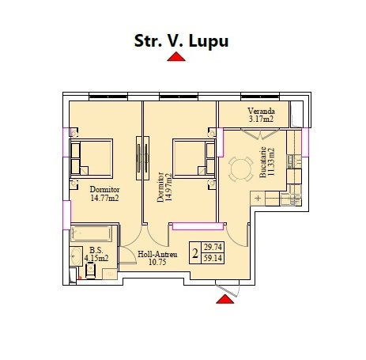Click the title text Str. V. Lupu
point(181,41)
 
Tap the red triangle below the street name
point(176,57)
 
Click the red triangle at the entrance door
point(225,299)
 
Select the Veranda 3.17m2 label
point(261,115)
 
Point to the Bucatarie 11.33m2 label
point(266,162)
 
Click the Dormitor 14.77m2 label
point(104,194)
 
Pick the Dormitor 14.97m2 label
point(164,188)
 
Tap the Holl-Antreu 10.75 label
point(157,258)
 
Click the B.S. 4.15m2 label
point(96,254)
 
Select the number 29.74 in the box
point(213,248)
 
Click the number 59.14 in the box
point(213,258)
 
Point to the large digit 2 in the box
point(195,253)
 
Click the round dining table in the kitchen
point(241,169)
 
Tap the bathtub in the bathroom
point(91,233)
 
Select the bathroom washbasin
point(76,256)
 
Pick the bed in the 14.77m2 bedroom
point(91,159)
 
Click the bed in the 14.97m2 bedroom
point(194,159)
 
